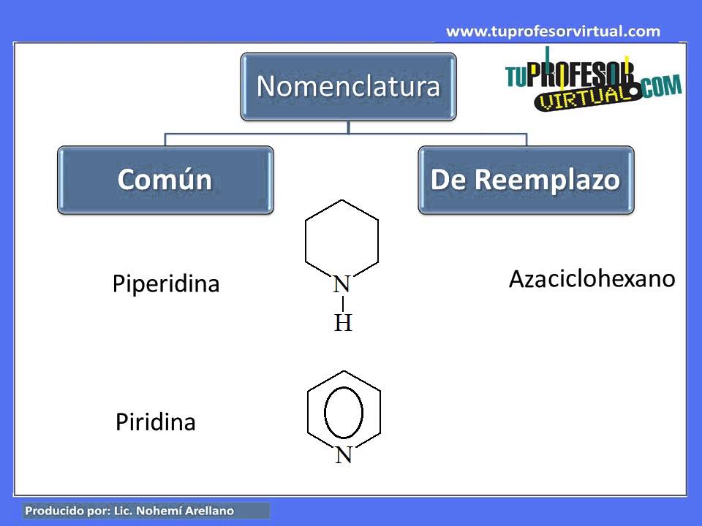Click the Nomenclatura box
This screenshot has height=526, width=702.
[348, 86]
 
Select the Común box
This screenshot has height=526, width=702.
[165, 180]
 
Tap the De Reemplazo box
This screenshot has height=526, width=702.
[526, 180]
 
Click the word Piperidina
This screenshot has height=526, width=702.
[166, 283]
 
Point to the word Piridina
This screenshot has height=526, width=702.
[156, 422]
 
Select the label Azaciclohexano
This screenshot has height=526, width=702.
[592, 278]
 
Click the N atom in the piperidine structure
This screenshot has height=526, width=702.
[342, 285]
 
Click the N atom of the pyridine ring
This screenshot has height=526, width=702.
[344, 455]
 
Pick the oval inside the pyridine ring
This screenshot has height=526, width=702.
[344, 412]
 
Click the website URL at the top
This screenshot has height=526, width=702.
[553, 31]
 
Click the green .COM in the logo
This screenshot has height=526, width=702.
[663, 87]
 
